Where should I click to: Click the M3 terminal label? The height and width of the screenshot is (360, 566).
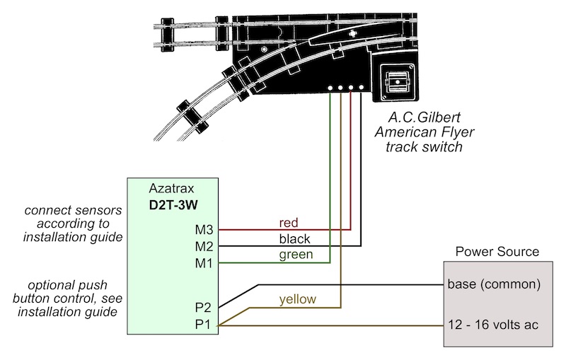pos(204,229)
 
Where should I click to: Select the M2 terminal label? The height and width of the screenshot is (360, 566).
pos(204,246)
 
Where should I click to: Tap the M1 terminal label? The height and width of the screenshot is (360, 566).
pos(204,263)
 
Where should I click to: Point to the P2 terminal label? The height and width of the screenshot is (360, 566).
pos(203,308)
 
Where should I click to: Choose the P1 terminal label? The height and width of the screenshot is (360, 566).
pos(202,325)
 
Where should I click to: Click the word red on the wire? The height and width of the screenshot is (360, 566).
pos(289,223)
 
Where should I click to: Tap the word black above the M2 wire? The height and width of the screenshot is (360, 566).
pos(294,239)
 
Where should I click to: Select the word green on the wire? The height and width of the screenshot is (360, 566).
pos(296,255)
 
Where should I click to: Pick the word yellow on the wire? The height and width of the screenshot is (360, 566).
pos(297,299)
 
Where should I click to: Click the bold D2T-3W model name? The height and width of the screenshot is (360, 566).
pos(173,205)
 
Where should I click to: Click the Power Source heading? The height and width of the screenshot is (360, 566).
pos(497,251)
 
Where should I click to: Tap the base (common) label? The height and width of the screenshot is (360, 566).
pos(494,284)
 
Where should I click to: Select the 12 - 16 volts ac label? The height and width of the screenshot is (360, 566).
pos(493,325)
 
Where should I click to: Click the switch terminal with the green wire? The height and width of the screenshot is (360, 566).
pos(330,88)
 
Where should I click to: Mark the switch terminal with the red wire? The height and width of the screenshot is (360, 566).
pos(350,88)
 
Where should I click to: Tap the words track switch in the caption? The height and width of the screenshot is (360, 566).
pos(424,147)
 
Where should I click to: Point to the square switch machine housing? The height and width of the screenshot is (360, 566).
pos(398,82)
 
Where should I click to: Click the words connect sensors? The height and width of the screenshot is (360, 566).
pos(74,210)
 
